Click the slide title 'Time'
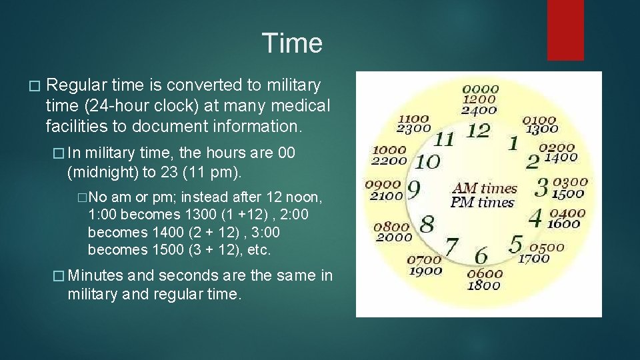pyautogui.click(x=292, y=43)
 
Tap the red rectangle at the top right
pyautogui.click(x=565, y=30)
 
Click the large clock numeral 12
pyautogui.click(x=478, y=131)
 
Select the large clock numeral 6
pyautogui.click(x=480, y=255)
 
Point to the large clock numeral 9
pyautogui.click(x=413, y=191)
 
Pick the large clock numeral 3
pyautogui.click(x=542, y=187)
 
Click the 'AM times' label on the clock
pyautogui.click(x=484, y=189)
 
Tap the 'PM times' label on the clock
pyautogui.click(x=483, y=202)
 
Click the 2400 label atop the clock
pyautogui.click(x=479, y=111)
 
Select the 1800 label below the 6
pyautogui.click(x=484, y=285)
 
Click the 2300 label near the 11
pyautogui.click(x=413, y=129)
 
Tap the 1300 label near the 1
pyautogui.click(x=541, y=129)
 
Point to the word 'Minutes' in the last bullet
pyautogui.click(x=95, y=275)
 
